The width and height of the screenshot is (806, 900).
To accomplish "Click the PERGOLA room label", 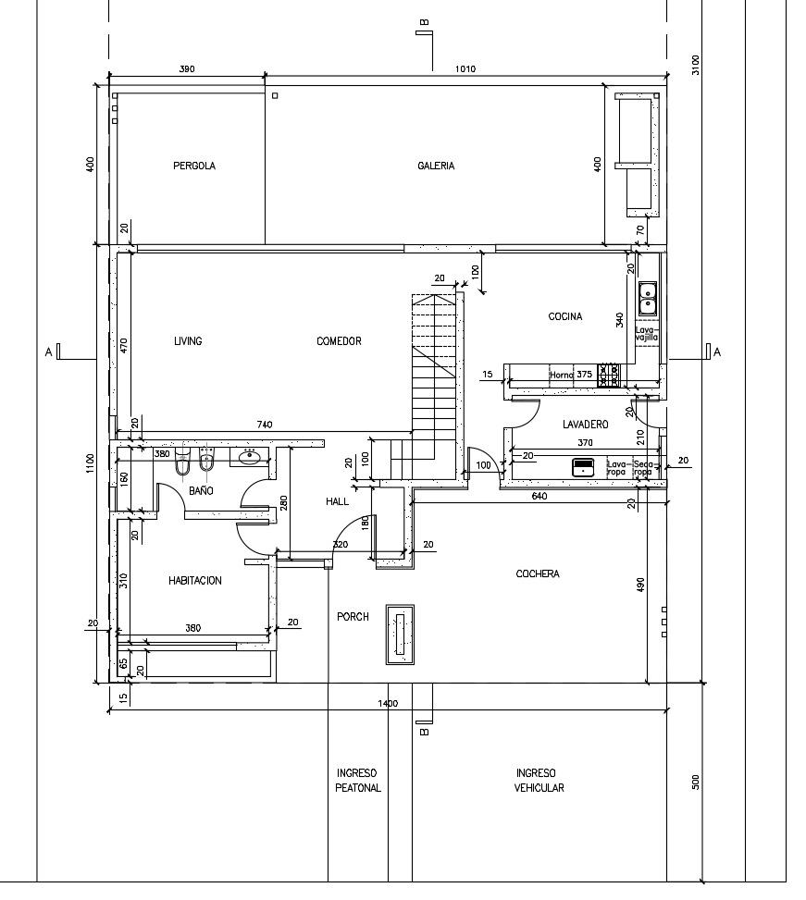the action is pos(194,166).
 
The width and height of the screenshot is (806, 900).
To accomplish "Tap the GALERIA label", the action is pos(436,166).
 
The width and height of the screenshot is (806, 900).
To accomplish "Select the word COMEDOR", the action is pos(339,341).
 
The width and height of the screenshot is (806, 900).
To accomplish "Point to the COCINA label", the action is pos(564,316).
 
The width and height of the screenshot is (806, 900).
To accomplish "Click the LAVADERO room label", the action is pos(585,425).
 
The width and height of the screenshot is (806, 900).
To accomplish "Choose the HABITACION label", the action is pos(194,580).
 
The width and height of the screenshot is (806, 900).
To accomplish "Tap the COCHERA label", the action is pos(538,573).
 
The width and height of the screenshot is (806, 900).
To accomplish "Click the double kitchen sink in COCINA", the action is pos(648,299).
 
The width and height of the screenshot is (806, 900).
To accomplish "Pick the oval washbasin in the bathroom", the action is pos(249,457).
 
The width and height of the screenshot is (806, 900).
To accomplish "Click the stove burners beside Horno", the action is pos(608,375).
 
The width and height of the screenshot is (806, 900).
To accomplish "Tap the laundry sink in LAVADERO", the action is pos(583,466).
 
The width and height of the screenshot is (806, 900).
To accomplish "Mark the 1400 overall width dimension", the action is pos(388,704).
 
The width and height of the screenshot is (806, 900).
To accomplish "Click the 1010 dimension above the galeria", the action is pos(465,68).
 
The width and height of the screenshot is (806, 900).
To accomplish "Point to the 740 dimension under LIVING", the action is pos(265,425).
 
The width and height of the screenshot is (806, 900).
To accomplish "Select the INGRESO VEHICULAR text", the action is pos(539,781).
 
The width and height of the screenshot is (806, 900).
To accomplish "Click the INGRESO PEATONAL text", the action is pos(357,781).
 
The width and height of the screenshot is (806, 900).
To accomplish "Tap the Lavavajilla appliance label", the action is pos(647,334).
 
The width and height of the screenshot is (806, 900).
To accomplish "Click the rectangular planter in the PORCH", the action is pos(400,635).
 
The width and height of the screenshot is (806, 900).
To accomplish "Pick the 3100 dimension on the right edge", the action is pos(696,65).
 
